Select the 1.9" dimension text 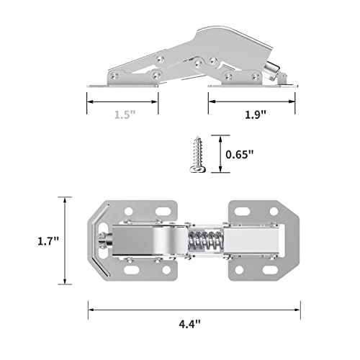pos(255,114)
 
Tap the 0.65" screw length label pos(239,153)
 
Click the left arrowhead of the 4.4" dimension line pos(91,310)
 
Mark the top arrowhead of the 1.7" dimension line pos(65,199)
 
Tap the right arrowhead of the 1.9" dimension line pos(297,102)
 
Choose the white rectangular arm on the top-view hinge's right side pos(253,241)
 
